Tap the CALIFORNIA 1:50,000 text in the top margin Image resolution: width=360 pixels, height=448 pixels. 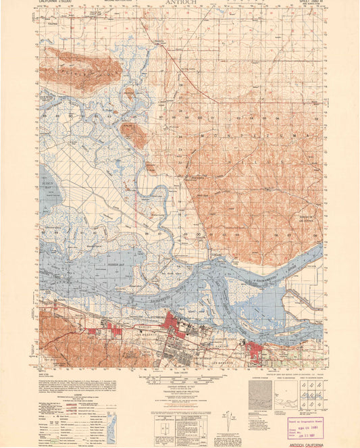61,3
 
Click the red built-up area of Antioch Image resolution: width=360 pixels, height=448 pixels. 257,351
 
